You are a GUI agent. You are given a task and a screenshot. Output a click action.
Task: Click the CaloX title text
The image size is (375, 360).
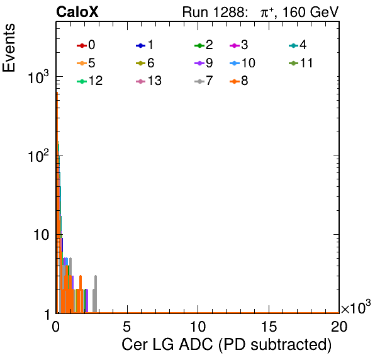77,12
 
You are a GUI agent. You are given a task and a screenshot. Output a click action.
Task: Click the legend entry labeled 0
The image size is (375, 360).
86,45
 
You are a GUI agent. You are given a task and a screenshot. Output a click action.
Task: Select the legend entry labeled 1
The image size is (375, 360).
145,45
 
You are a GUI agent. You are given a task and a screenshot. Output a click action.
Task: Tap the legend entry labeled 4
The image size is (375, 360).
298,45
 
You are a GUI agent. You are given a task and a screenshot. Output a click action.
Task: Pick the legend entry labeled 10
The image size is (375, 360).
242,63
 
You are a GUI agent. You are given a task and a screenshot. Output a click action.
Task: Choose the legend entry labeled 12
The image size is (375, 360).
90,81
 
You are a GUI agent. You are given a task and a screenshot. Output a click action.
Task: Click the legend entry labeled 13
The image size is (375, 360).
148,81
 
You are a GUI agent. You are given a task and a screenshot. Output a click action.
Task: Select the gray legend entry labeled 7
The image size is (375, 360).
204,81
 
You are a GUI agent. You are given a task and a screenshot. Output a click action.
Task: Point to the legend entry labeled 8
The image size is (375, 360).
239,81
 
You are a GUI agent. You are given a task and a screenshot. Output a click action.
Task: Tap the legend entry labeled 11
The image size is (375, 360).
301,63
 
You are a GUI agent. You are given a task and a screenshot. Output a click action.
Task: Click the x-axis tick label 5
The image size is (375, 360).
126,326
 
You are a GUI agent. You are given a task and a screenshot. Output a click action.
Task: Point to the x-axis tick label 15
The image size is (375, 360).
269,326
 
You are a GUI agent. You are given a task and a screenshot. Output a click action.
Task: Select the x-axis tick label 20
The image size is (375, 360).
339,326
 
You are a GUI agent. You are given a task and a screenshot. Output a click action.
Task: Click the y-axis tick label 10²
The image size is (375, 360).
38,155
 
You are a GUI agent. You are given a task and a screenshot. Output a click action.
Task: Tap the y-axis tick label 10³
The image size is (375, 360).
38,77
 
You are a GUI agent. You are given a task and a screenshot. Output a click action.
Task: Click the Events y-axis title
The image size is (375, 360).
9,48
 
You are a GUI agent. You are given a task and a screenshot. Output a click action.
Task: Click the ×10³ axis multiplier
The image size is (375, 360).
356,307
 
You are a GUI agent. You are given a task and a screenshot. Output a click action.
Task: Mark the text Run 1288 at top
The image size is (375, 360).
213,12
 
